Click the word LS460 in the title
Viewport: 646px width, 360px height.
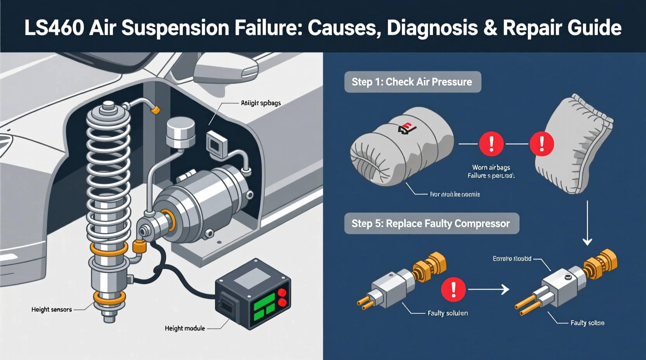[x=54, y=28]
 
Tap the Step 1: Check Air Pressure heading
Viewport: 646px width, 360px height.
[x=412, y=82]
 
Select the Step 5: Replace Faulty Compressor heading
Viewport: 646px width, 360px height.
[x=431, y=223]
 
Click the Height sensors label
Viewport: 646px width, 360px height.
[x=52, y=310]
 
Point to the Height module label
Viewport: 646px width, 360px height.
[x=185, y=328]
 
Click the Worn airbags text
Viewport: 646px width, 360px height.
[x=491, y=168]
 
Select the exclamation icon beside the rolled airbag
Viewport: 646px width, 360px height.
[x=491, y=144]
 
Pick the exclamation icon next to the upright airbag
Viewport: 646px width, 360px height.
[x=542, y=144]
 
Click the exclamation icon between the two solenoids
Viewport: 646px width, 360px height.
[x=453, y=289]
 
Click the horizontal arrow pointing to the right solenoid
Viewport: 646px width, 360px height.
[x=489, y=289]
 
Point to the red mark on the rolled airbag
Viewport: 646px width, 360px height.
[x=406, y=128]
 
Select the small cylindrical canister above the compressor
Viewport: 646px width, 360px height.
[x=180, y=133]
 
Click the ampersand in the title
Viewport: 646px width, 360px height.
[x=490, y=28]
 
